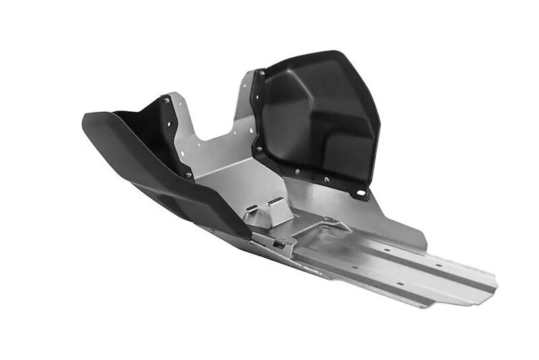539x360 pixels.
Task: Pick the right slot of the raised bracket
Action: pos(276,202)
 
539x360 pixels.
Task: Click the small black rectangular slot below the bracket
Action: pos(278,243)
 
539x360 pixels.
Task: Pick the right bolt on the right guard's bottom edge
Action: pos(327,180)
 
